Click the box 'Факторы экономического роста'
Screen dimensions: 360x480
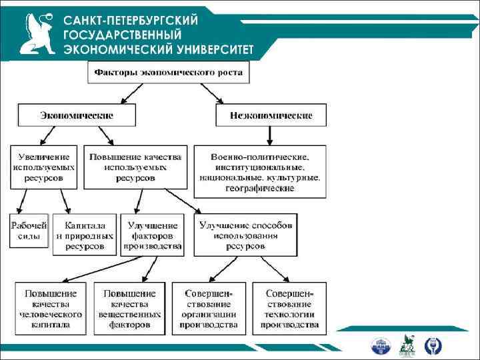pos(169,71)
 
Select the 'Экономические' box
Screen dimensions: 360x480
pos(77,115)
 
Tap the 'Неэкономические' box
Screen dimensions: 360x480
pos(271,115)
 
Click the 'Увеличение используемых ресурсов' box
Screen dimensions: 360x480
pos(43,167)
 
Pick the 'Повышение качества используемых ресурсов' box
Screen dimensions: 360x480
pos(135,167)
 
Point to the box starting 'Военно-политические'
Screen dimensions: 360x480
pos(260,171)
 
